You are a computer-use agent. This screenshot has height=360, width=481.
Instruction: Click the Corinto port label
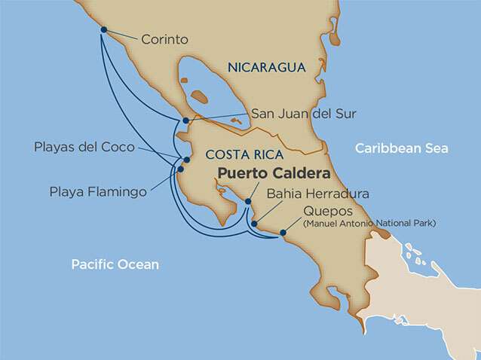pos(164,38)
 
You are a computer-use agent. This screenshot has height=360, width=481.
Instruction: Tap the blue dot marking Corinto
pos(104,31)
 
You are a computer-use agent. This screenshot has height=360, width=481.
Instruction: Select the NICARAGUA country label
pos(266,68)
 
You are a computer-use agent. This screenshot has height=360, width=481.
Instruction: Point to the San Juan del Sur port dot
pos(186,121)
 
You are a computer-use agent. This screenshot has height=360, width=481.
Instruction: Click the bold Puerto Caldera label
pos(274,173)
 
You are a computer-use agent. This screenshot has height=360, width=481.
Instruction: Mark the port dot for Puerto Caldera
pos(248,202)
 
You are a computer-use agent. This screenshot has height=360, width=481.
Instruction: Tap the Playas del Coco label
pos(84,147)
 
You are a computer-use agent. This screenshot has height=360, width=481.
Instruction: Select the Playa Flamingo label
pos(97,192)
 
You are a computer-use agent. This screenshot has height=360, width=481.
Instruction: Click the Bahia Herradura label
pos(317,194)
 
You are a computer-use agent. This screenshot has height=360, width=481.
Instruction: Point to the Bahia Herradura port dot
pos(255,224)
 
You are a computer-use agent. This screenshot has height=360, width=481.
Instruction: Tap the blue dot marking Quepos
pos(283,233)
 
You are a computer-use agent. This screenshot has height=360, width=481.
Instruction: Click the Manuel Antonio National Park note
pos(369,223)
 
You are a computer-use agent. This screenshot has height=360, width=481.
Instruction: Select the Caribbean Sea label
pos(402,148)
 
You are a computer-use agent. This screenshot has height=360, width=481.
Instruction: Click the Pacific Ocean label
pos(115,264)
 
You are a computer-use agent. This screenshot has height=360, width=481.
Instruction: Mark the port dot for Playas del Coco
pos(186,160)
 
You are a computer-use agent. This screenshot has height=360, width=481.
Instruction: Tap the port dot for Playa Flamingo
pos(181,169)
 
